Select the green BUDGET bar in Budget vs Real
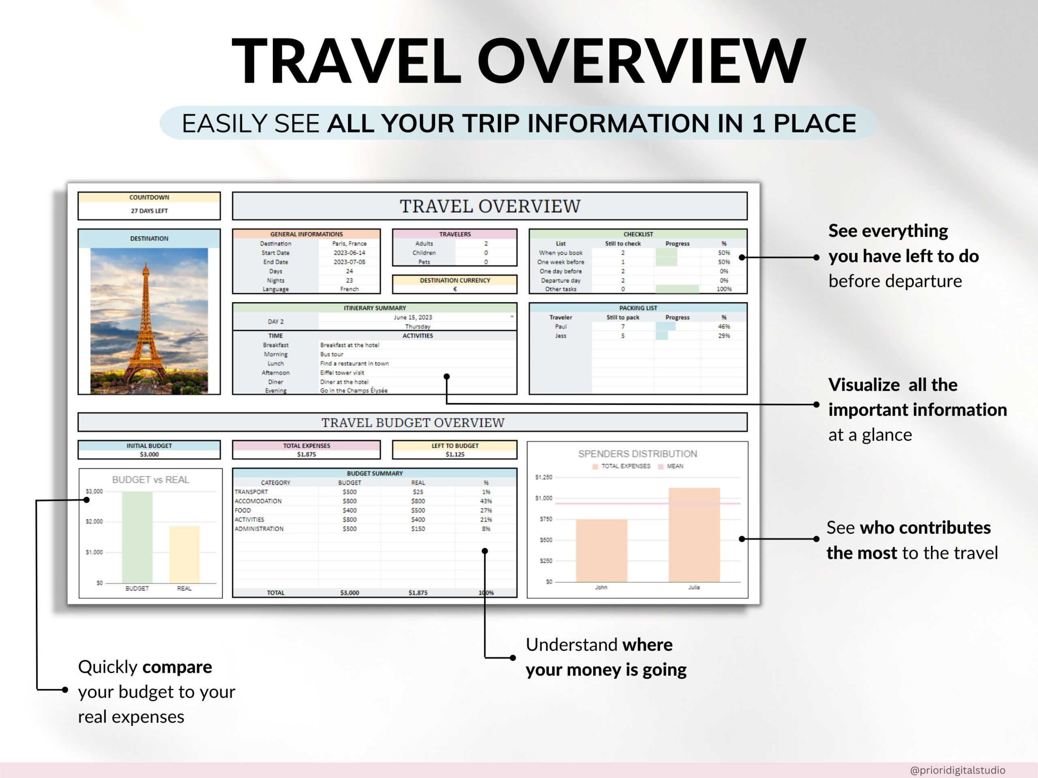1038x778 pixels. coord(137,537)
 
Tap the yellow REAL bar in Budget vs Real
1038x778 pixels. coord(184,554)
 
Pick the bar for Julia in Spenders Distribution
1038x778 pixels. coord(694,534)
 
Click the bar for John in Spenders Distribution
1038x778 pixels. coord(602,551)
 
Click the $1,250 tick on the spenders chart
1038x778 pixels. coord(544,477)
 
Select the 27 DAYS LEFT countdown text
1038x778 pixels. coord(149,211)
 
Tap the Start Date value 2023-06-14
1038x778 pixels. coord(349,253)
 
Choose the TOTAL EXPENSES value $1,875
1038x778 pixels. coord(307,454)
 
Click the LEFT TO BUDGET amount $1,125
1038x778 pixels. coord(455,454)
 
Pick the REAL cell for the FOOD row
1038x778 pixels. coord(418,510)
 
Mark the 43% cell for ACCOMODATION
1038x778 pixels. coord(486,501)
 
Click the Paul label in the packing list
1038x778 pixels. coord(561,326)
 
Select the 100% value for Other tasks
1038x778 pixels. coord(724,289)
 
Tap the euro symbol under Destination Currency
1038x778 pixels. coord(455,289)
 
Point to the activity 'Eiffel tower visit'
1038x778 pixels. coord(342,373)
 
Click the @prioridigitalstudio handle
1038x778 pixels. coord(957,770)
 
